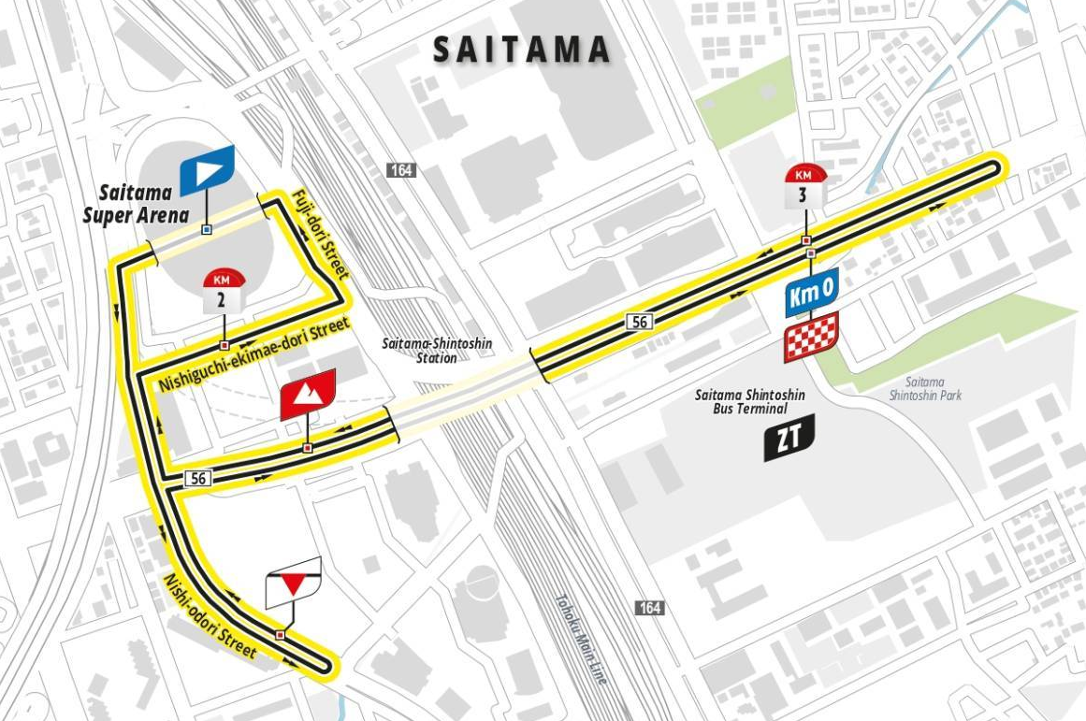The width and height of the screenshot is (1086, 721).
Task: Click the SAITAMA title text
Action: [x=522, y=50]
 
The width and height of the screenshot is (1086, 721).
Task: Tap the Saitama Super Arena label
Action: [x=137, y=204]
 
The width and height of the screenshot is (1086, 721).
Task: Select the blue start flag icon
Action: [x=207, y=168]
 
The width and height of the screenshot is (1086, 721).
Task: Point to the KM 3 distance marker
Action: [x=804, y=185]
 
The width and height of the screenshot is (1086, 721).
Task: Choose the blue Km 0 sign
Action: [x=810, y=294]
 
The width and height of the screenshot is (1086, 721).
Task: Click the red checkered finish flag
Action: [x=810, y=338]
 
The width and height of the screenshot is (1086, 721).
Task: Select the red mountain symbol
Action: [x=307, y=395]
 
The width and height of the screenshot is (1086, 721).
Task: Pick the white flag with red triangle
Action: [x=293, y=583]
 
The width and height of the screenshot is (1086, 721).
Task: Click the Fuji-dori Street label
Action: [x=321, y=235]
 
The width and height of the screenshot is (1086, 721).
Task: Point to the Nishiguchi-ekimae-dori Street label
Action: [x=253, y=354]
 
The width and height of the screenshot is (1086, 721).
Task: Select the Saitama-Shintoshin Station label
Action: [x=437, y=351]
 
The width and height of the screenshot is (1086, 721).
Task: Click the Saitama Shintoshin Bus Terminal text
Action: [x=749, y=402]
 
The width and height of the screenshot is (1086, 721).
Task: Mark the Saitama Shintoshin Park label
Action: [x=925, y=389]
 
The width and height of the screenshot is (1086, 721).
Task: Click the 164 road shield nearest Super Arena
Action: [x=401, y=170]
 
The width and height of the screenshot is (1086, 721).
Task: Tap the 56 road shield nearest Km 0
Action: [x=640, y=322]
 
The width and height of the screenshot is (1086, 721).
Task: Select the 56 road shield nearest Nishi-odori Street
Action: [x=197, y=478]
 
